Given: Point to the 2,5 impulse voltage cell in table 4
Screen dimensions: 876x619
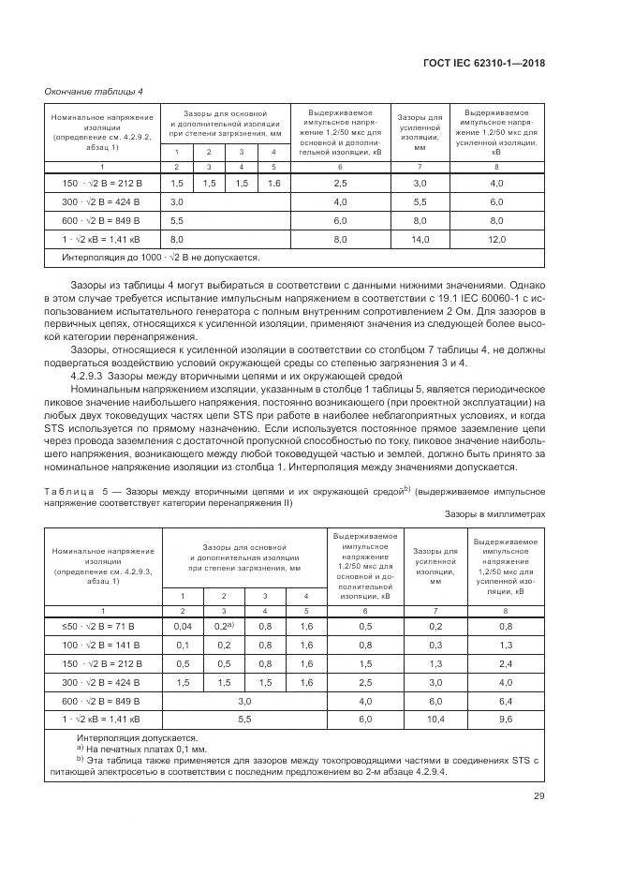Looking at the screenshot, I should pos(340,184).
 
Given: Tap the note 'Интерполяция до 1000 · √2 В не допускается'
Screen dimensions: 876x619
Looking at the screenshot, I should pos(160,257).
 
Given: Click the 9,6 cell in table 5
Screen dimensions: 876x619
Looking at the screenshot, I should pos(506,719).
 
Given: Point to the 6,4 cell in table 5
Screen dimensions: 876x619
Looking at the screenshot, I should pos(506,700).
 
